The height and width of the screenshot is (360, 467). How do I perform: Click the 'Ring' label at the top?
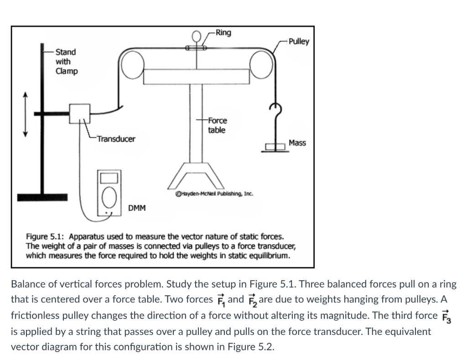[223, 33]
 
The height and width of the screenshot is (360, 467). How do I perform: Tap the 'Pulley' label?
[299, 42]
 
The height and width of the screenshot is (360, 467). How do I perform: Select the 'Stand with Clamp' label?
[67, 62]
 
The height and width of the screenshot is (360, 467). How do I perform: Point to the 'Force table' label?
[217, 125]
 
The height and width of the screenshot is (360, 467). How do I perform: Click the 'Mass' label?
[297, 143]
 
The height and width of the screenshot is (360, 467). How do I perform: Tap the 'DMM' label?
[137, 208]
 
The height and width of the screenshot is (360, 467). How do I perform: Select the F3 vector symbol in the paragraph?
[449, 316]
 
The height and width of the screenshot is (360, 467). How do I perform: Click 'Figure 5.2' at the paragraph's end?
[253, 346]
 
